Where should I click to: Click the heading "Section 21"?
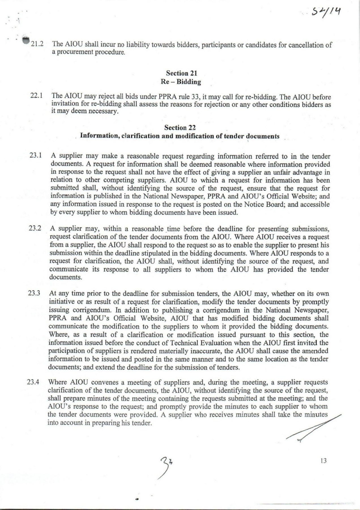[181, 73]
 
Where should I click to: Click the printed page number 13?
[323, 461]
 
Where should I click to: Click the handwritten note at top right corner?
[325, 12]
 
